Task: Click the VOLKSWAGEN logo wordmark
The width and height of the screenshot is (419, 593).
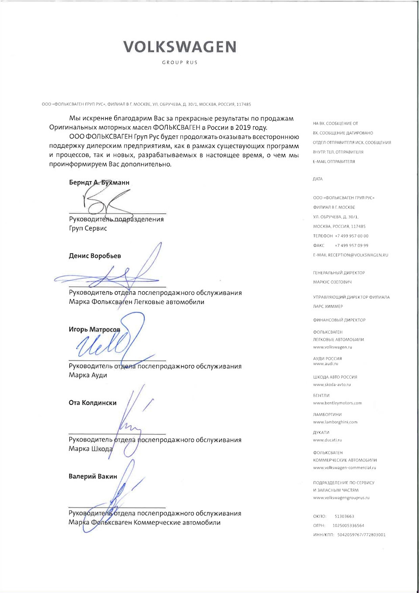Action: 179,47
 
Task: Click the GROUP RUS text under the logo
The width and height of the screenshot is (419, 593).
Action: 180,62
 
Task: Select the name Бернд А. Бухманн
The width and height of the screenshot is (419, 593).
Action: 99,183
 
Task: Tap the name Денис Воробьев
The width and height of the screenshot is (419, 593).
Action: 95,256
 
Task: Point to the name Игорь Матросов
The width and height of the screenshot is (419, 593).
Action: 94,329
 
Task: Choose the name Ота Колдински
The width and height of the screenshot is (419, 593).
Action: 93,403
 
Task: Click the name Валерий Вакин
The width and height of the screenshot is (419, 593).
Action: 93,476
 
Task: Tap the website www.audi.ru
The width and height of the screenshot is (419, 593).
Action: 326,364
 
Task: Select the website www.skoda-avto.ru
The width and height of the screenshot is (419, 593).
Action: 332,385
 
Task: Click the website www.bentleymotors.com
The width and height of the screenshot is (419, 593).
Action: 337,403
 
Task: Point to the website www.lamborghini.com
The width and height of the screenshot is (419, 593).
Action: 335,422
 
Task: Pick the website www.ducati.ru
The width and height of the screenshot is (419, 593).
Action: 327,440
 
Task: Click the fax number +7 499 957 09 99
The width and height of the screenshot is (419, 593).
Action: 351,245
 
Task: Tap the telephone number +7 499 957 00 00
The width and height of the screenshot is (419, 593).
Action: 351,236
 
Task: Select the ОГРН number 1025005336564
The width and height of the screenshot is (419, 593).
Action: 348,526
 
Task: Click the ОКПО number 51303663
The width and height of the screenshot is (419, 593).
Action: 344,517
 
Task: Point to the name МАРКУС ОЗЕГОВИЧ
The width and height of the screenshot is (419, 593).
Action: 332,282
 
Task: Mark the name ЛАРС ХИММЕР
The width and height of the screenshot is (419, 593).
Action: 328,307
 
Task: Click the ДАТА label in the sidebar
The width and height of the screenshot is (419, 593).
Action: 318,179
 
